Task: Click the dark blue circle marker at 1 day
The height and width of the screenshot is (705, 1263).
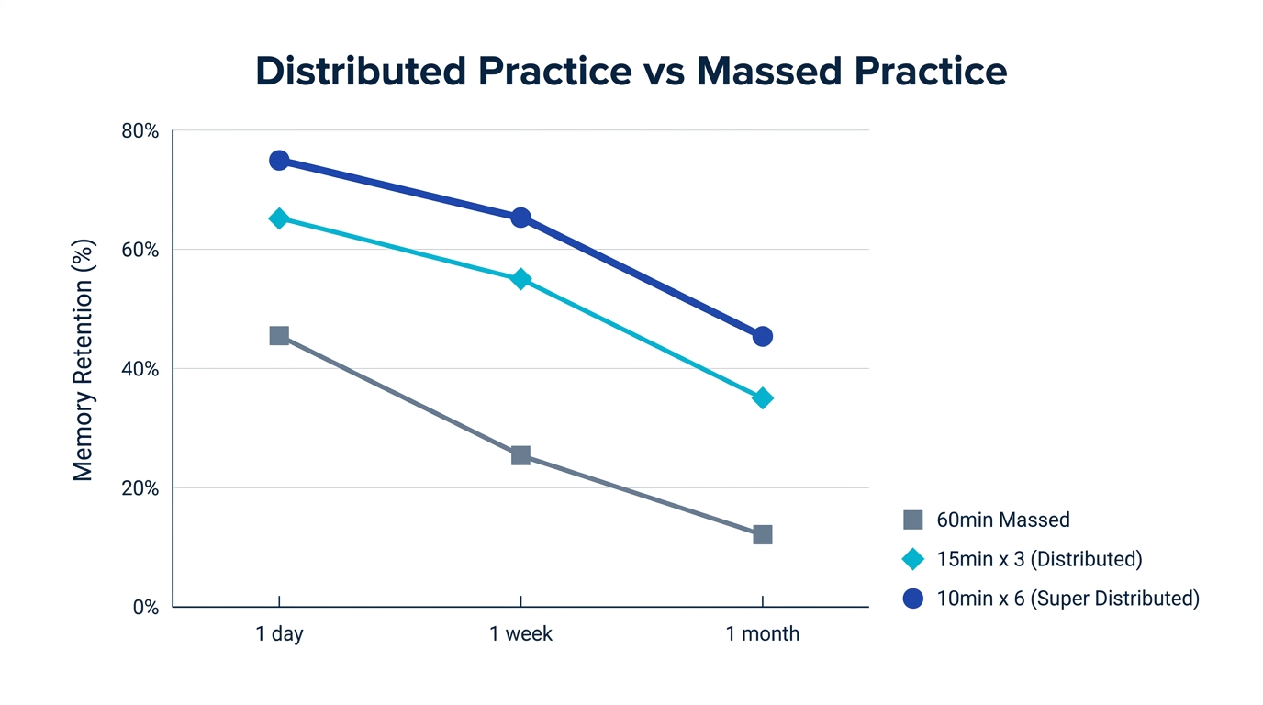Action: [x=279, y=161]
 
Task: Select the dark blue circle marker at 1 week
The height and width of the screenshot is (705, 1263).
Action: [x=520, y=218]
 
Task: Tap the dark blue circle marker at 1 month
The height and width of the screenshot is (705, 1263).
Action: [x=763, y=337]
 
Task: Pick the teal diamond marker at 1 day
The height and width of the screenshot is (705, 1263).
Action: [x=279, y=218]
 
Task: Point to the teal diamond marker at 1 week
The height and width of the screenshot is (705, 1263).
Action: [x=520, y=279]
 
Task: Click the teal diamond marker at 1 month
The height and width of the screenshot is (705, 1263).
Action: [x=763, y=398]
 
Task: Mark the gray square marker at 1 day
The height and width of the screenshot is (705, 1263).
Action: [x=279, y=336]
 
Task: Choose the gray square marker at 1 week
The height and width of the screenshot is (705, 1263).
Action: [x=520, y=455]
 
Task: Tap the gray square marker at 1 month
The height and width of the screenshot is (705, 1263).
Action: [x=763, y=534]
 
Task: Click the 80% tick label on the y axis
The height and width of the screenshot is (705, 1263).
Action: [x=140, y=131]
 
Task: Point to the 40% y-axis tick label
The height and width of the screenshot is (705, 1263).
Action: [x=140, y=369]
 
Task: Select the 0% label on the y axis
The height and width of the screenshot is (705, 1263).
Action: [x=146, y=608]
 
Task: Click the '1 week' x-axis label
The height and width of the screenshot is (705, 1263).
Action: [x=520, y=634]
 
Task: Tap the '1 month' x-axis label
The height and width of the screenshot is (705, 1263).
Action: [x=763, y=634]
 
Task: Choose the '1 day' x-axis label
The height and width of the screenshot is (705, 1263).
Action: [x=279, y=634]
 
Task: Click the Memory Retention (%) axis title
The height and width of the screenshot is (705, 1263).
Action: [x=84, y=360]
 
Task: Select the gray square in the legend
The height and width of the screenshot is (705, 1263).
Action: [x=912, y=520]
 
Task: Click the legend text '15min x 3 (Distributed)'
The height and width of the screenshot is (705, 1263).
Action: [x=1039, y=559]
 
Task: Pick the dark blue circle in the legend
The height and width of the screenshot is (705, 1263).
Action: [x=912, y=599]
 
